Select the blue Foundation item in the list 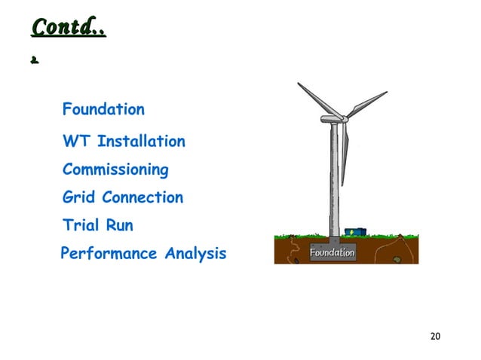point(103,109)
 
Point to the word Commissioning point(115,170)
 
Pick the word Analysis point(191,254)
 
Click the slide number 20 point(434,335)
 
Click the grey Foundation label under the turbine point(332,253)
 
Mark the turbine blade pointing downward point(345,154)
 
